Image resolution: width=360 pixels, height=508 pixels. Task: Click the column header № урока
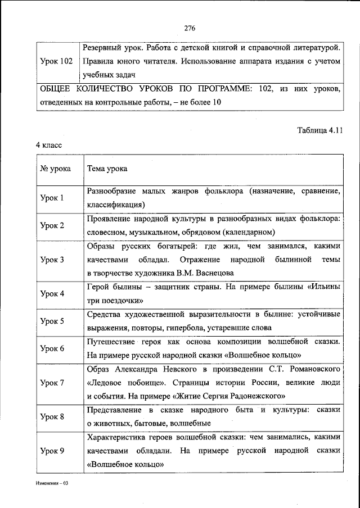pyautogui.click(x=55, y=169)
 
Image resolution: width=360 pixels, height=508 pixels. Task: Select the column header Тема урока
pyautogui.click(x=106, y=169)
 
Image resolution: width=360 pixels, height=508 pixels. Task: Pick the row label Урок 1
pyautogui.click(x=52, y=198)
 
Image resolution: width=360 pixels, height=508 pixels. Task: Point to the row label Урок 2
pyautogui.click(x=52, y=225)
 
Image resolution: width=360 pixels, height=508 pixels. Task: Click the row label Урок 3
pyautogui.click(x=52, y=260)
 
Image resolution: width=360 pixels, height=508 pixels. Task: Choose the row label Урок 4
pyautogui.click(x=52, y=293)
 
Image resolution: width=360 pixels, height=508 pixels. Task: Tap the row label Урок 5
pyautogui.click(x=52, y=321)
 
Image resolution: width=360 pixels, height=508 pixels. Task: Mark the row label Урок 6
pyautogui.click(x=52, y=348)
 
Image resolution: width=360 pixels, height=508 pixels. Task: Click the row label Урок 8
pyautogui.click(x=52, y=416)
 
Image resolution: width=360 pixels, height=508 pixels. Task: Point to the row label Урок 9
pyautogui.click(x=52, y=451)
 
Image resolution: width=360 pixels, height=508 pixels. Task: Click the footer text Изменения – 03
pyautogui.click(x=49, y=483)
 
